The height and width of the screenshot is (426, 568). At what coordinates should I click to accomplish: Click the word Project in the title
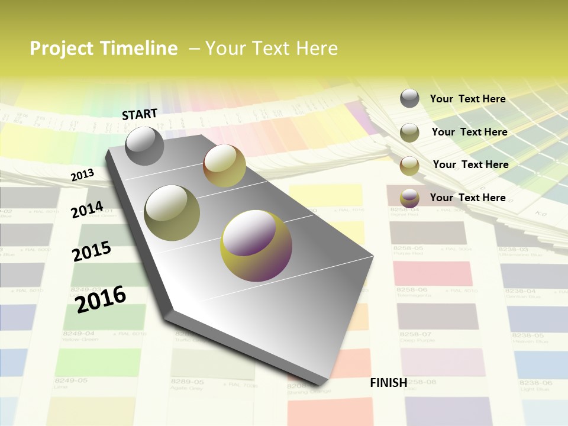click(x=59, y=49)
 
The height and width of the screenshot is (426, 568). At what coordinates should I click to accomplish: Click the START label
click(x=140, y=114)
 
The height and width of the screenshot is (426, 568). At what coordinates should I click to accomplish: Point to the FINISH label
click(x=389, y=383)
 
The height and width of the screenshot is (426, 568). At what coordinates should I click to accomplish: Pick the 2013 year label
click(x=82, y=175)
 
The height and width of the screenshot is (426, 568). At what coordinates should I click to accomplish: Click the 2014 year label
click(x=87, y=209)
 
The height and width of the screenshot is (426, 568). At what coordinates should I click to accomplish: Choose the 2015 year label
click(x=92, y=251)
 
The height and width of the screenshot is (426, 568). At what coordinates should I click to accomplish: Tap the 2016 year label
click(x=101, y=299)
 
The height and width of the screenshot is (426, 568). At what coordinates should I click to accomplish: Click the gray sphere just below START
click(x=144, y=146)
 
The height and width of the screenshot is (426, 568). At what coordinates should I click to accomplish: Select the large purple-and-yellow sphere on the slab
click(x=256, y=246)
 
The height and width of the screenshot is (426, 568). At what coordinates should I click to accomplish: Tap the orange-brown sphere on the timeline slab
click(x=224, y=166)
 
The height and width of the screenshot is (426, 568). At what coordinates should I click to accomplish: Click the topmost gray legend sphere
click(x=409, y=98)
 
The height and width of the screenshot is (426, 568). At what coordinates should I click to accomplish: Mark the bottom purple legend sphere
click(x=409, y=198)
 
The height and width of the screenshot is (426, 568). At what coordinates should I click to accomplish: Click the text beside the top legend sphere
click(x=467, y=99)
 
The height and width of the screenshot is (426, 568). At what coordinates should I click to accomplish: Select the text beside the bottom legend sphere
click(x=467, y=198)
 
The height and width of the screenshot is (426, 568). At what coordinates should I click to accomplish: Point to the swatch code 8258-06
click(x=411, y=290)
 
